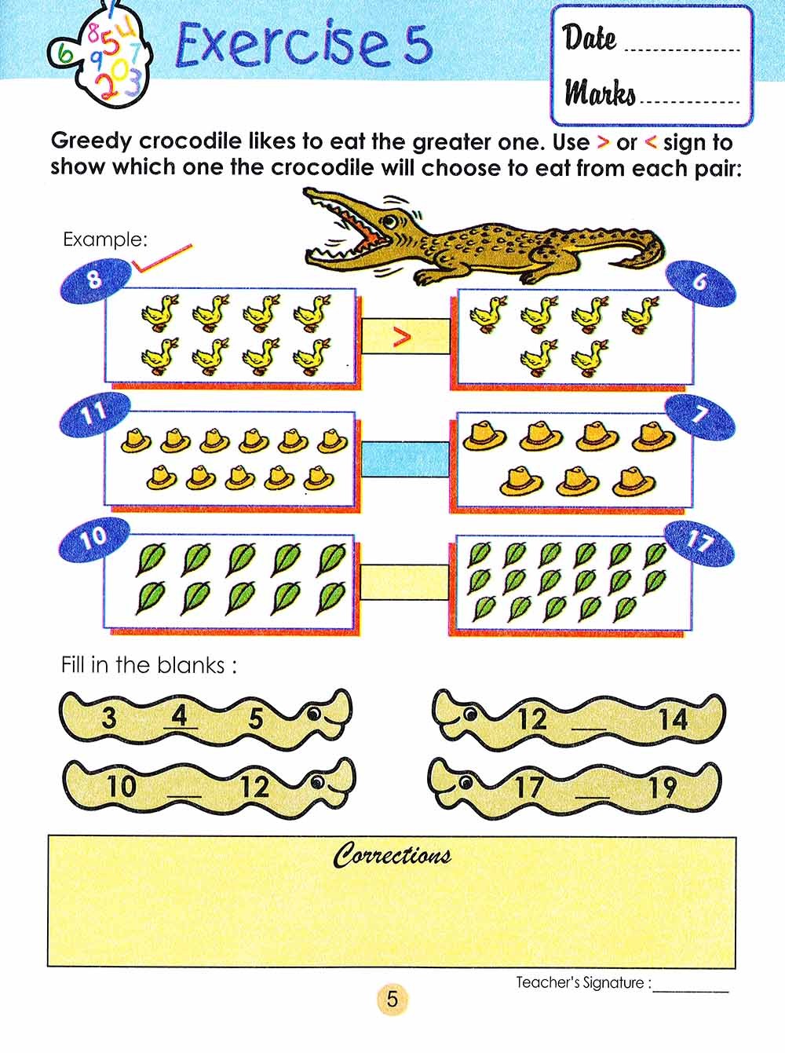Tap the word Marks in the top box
(x=600, y=93)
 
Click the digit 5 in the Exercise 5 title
(x=418, y=44)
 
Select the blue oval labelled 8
(x=94, y=279)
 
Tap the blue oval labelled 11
(x=93, y=414)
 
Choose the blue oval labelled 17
(x=699, y=540)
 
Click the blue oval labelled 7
(x=700, y=415)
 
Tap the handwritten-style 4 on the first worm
(x=181, y=716)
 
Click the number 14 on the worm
(x=672, y=718)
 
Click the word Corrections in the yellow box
(x=392, y=855)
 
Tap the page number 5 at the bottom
(x=392, y=999)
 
